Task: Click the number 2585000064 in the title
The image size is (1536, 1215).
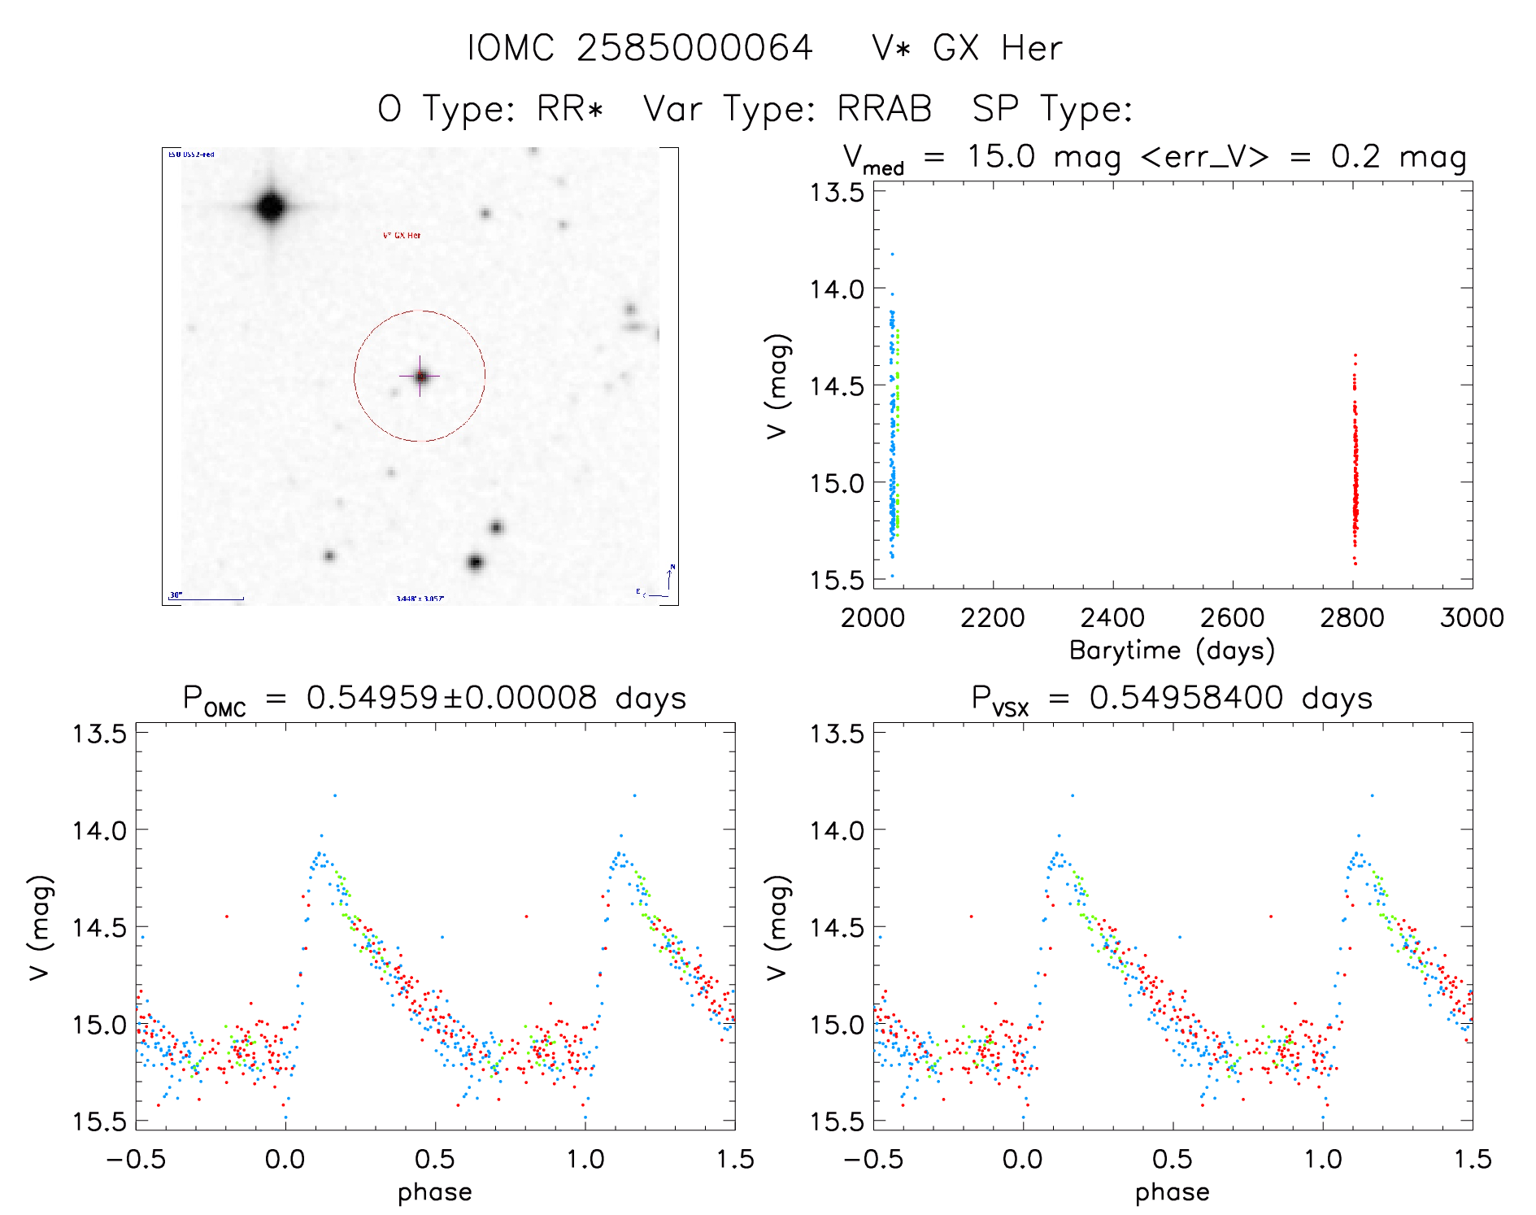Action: pos(694,48)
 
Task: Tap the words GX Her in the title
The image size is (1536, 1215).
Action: pos(997,48)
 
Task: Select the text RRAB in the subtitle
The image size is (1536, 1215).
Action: pos(884,109)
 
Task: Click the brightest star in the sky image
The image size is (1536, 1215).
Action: pos(271,207)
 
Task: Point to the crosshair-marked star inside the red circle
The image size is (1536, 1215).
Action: pos(420,376)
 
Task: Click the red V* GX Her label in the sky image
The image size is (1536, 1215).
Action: pos(402,236)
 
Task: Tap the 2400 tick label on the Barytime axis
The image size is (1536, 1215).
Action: pos(1112,618)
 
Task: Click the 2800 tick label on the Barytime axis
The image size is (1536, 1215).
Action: pos(1352,618)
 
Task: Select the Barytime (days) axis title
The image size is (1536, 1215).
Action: pos(1172,651)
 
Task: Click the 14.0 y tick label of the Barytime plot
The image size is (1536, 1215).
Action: pos(836,289)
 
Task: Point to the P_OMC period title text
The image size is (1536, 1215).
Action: pos(434,699)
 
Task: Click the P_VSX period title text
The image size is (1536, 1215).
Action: pos(1172,699)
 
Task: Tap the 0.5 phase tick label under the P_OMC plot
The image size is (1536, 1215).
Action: pos(435,1159)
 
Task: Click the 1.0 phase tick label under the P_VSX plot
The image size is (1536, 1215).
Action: pos(1323,1159)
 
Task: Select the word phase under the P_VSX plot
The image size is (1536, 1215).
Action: pos(1172,1192)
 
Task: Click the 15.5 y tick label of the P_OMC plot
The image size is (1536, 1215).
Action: pos(100,1121)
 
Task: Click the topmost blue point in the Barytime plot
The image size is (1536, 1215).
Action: pos(892,255)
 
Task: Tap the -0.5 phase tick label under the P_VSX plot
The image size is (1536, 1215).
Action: pos(873,1159)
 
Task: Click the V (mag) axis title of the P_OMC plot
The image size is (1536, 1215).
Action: pos(40,927)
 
